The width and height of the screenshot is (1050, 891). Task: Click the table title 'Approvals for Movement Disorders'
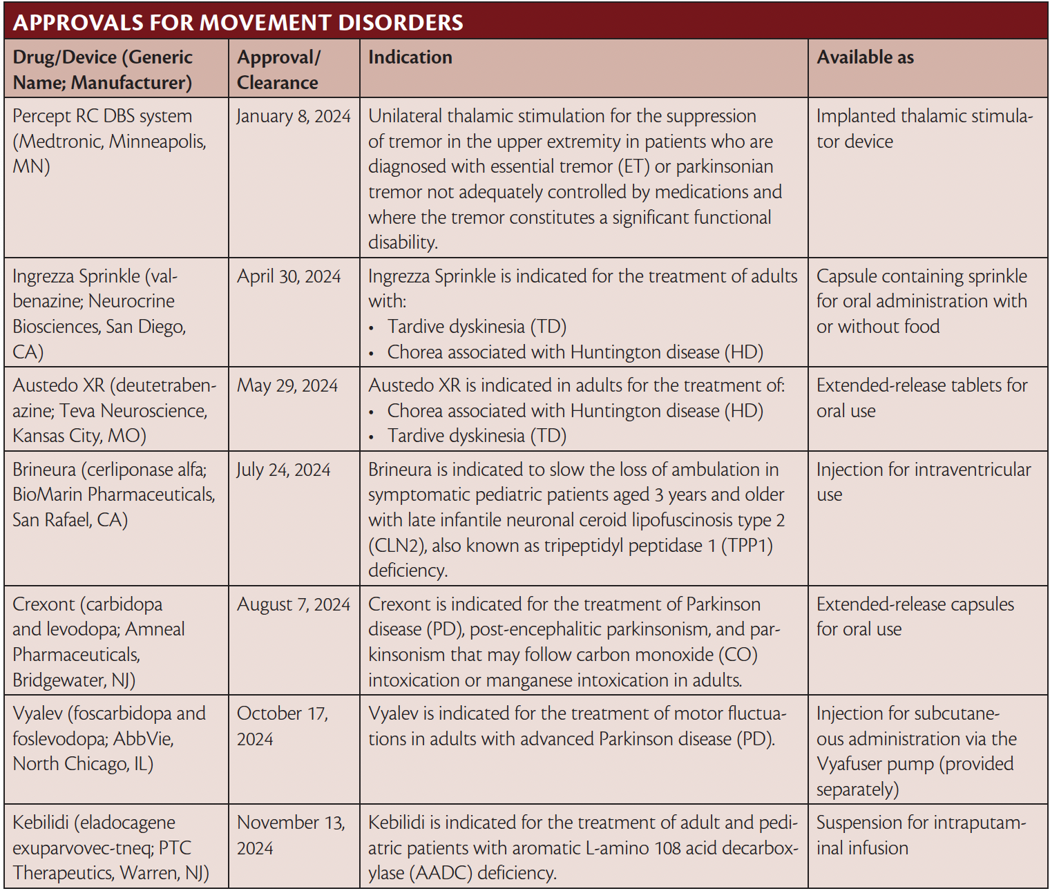[238, 22]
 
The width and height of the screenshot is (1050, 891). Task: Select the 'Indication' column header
[410, 57]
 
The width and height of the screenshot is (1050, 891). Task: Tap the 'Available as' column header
[865, 57]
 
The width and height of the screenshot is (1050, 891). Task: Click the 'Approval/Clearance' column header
[278, 70]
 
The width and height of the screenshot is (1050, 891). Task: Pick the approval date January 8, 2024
[294, 116]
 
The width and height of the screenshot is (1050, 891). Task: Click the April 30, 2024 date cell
[289, 276]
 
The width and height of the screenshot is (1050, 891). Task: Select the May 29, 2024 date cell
[287, 385]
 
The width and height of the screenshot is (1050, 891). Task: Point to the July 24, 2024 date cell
[283, 470]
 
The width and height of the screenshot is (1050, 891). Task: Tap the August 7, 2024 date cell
[294, 604]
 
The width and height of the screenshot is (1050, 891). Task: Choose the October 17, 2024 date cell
[282, 726]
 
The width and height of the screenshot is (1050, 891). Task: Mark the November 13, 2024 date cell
[290, 835]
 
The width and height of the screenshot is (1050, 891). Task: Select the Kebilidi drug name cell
[111, 847]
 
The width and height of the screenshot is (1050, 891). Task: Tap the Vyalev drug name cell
[109, 738]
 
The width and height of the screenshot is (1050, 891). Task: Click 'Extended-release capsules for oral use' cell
[915, 616]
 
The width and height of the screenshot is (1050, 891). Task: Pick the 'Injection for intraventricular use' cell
[923, 481]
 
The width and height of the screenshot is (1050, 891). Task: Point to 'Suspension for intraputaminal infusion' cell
[920, 835]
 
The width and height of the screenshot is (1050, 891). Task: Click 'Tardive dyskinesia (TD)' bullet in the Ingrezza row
[477, 327]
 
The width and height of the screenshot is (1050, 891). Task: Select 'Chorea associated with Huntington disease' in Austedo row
[575, 411]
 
